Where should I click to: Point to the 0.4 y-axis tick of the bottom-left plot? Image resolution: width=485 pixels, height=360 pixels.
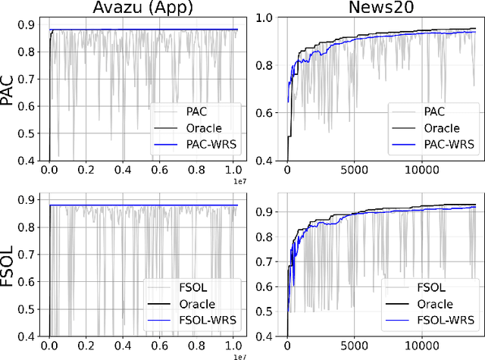[x=27, y=336]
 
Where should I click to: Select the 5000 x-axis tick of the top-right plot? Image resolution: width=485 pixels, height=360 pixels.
[x=356, y=171]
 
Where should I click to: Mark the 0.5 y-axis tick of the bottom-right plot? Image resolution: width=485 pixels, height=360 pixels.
[x=270, y=311]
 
